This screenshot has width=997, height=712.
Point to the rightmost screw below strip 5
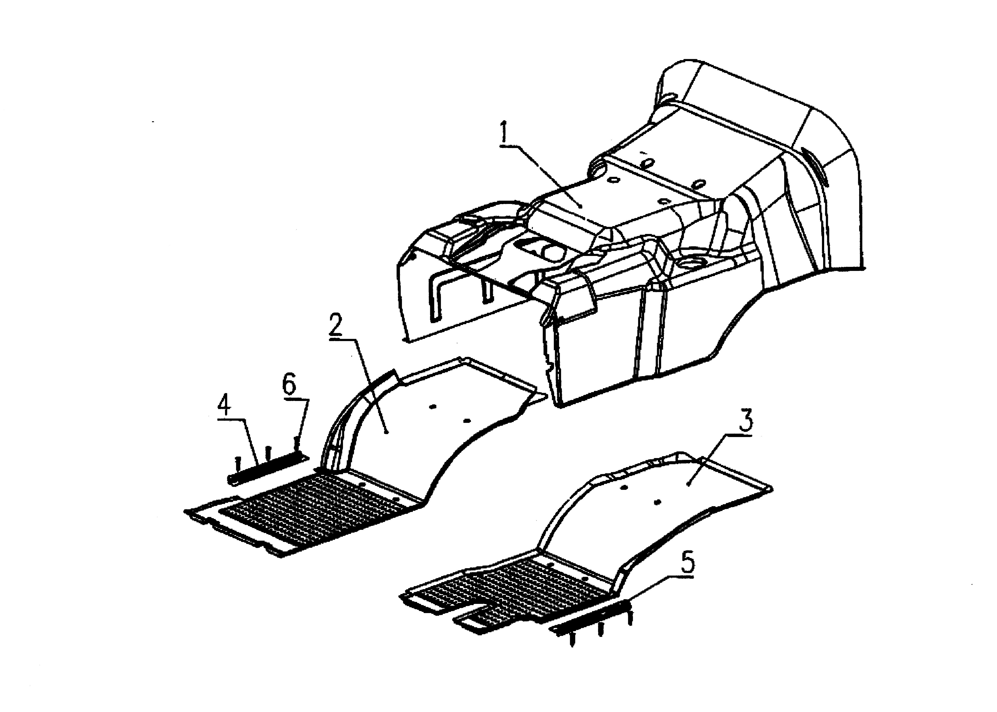tap(630, 619)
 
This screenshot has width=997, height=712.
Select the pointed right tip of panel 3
tap(772, 488)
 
